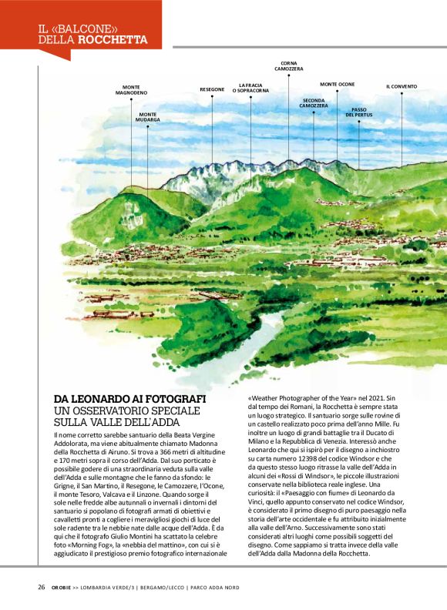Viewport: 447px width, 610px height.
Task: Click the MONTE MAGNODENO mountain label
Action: tap(131, 89)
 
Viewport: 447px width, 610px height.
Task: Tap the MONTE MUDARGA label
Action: tap(147, 117)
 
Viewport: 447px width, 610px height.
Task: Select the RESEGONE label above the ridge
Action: tap(212, 89)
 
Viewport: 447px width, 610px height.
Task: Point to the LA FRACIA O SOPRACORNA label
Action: tap(250, 88)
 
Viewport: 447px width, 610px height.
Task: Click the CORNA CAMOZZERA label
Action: tap(289, 66)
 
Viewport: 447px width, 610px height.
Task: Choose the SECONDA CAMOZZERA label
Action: tap(314, 102)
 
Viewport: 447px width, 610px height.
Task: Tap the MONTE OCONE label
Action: tap(338, 84)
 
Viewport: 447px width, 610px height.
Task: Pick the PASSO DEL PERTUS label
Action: tap(358, 112)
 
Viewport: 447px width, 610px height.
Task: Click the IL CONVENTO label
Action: tap(402, 86)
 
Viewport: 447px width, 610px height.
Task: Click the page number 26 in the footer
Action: tap(42, 587)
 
